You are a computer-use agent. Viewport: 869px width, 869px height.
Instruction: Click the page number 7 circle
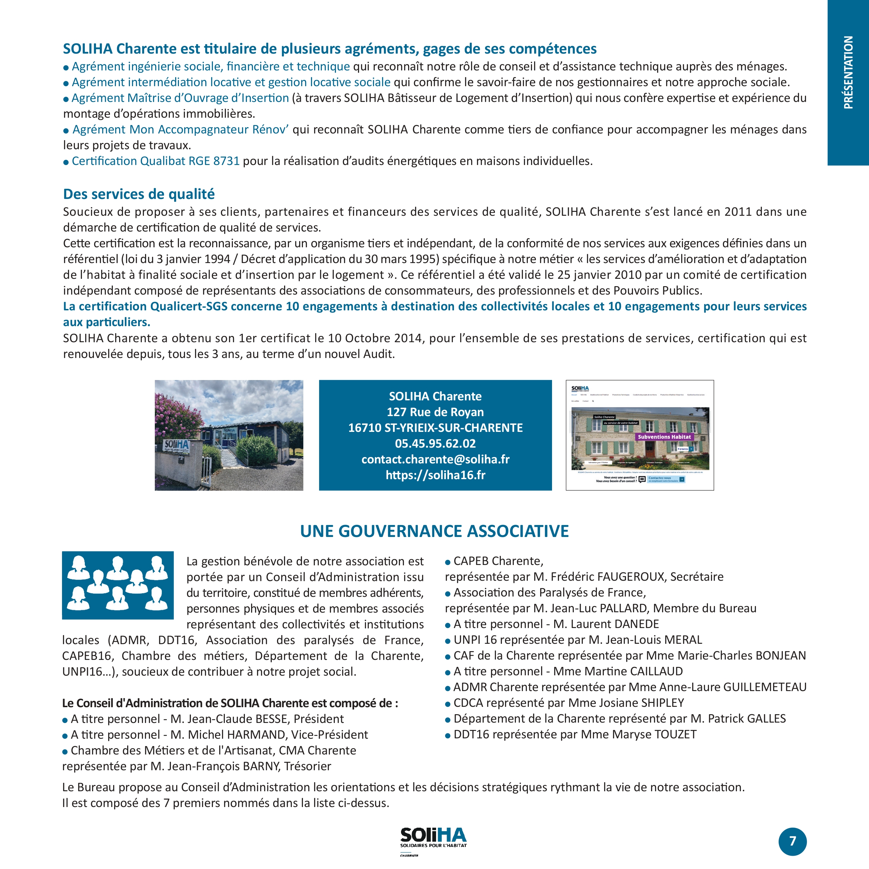point(793,841)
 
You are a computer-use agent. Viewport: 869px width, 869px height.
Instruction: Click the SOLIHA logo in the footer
point(433,838)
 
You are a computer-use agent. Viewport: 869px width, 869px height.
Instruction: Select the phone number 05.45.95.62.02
point(435,443)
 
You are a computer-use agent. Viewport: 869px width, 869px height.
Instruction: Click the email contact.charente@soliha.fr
point(435,459)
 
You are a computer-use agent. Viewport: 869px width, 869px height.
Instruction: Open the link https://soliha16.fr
point(435,475)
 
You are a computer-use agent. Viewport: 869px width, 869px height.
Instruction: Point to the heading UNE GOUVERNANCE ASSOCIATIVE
point(434,531)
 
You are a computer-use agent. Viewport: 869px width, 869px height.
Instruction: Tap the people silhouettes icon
point(118,585)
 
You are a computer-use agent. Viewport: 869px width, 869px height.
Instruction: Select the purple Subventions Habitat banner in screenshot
point(664,437)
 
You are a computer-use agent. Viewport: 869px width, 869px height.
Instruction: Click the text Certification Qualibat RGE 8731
point(156,161)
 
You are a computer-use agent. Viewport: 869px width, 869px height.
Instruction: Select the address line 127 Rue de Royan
point(435,412)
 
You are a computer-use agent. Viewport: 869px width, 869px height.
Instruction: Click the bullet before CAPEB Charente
point(448,562)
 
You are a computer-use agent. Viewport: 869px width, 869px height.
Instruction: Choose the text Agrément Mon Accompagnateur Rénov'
point(180,130)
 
